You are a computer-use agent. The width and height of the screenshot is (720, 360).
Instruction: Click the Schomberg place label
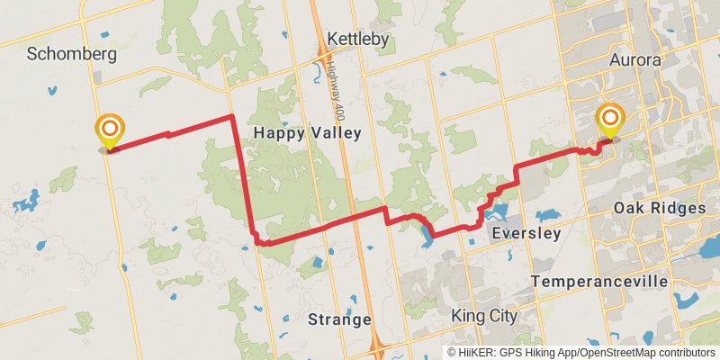tap(72, 54)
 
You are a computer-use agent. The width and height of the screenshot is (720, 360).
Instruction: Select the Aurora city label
tap(635, 60)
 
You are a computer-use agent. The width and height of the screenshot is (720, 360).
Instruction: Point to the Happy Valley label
tap(307, 133)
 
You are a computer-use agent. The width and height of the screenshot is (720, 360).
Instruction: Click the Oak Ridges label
tap(660, 208)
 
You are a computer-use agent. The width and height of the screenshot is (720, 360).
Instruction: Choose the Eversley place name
tap(527, 233)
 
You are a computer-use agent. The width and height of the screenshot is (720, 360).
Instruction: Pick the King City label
tap(484, 316)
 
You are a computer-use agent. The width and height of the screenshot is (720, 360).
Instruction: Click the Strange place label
tap(339, 319)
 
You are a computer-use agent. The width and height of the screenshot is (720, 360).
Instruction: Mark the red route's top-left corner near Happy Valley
tap(232, 116)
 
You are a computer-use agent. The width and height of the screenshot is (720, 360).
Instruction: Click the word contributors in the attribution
tap(687, 353)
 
